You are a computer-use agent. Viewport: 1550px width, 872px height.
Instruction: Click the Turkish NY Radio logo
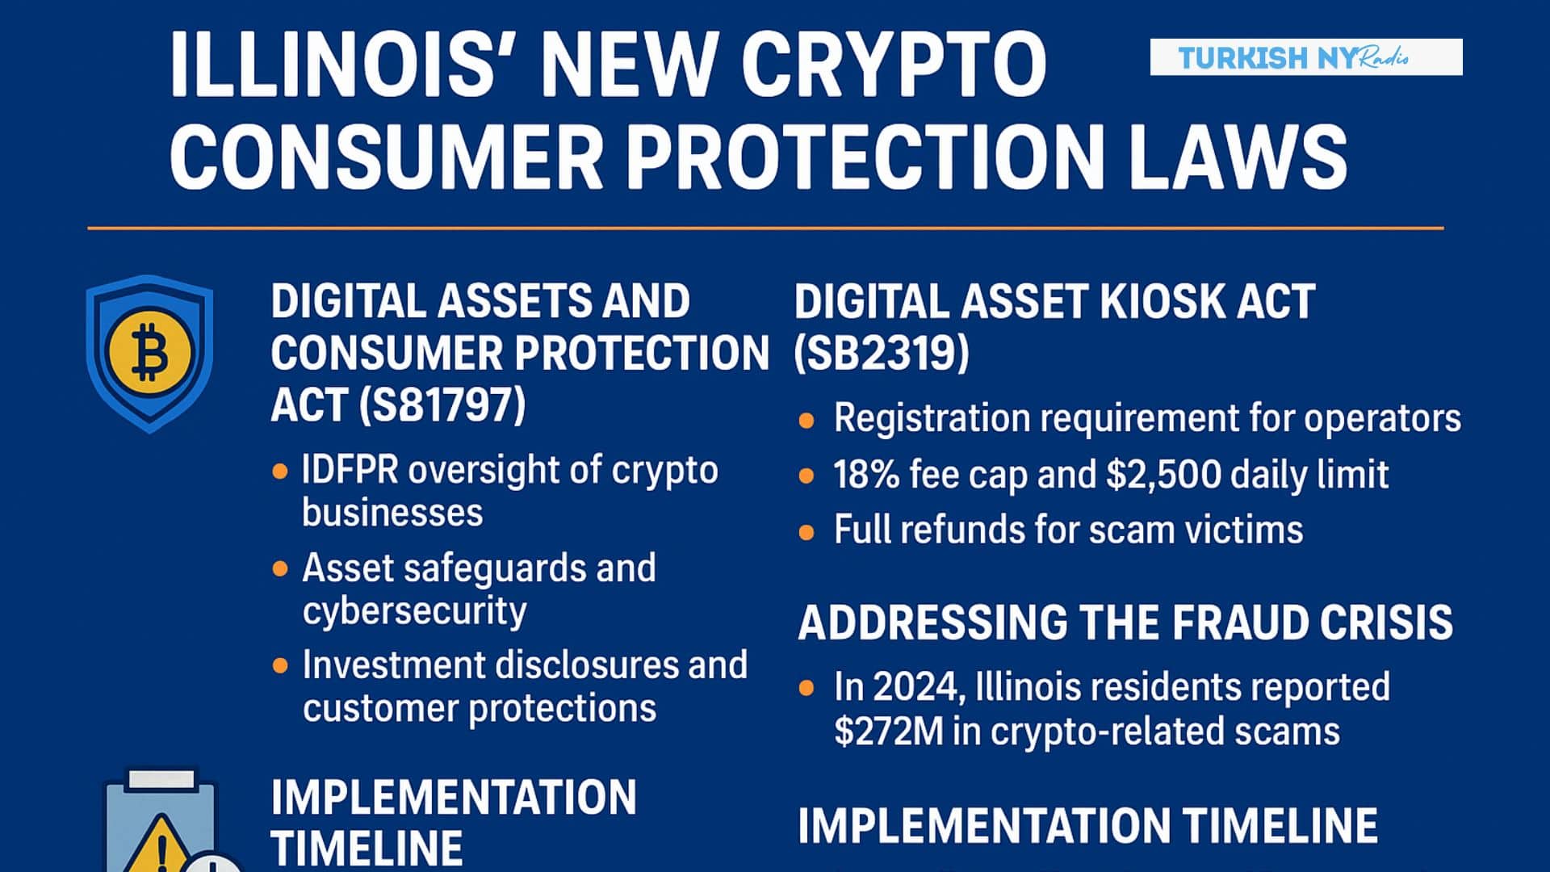1305,57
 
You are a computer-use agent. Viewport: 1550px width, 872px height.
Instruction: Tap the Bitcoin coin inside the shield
150,352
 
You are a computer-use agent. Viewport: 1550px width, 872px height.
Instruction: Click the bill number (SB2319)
882,353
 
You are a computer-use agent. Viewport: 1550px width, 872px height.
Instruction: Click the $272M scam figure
888,732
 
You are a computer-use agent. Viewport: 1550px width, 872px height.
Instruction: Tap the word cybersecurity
414,611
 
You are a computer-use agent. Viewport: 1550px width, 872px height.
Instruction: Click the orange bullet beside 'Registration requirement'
806,420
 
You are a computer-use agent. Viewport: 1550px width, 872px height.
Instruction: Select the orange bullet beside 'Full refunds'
806,532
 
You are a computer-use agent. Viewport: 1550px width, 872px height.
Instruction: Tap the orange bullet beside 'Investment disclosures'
280,666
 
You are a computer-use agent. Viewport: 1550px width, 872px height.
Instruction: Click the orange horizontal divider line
765,228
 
